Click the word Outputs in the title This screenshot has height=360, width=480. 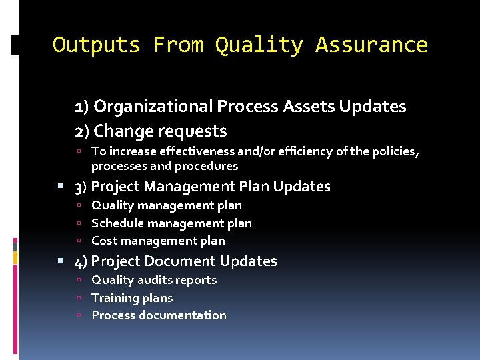coord(96,45)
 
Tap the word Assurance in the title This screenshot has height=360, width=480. coord(371,45)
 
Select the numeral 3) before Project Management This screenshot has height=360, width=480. coord(81,187)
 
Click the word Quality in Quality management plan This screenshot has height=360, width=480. coord(111,205)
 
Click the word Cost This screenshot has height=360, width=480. coord(104,241)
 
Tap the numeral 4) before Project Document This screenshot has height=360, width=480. coord(81,261)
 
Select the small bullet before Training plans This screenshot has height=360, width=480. coord(79,298)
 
